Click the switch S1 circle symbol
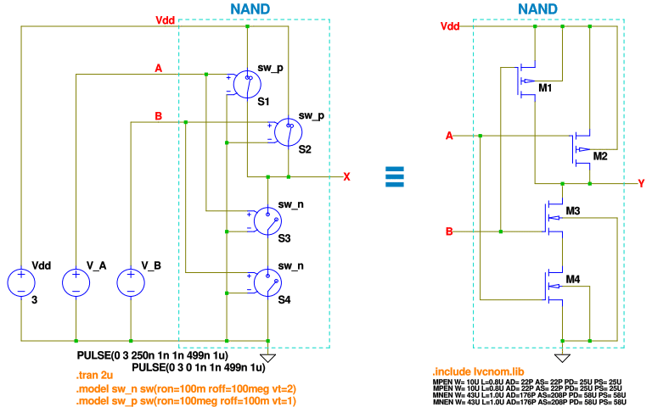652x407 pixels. (246, 82)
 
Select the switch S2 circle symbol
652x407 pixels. (289, 130)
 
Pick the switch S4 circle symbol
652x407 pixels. (268, 282)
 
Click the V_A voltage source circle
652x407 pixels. (76, 282)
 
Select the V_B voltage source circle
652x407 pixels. (131, 282)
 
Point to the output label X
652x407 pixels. (346, 177)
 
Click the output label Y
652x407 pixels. (643, 182)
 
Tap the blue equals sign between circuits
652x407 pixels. (393, 176)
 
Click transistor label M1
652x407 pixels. (545, 88)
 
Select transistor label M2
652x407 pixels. (601, 156)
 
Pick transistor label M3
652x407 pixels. (573, 210)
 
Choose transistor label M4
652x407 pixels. (573, 280)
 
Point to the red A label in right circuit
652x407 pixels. (450, 135)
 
